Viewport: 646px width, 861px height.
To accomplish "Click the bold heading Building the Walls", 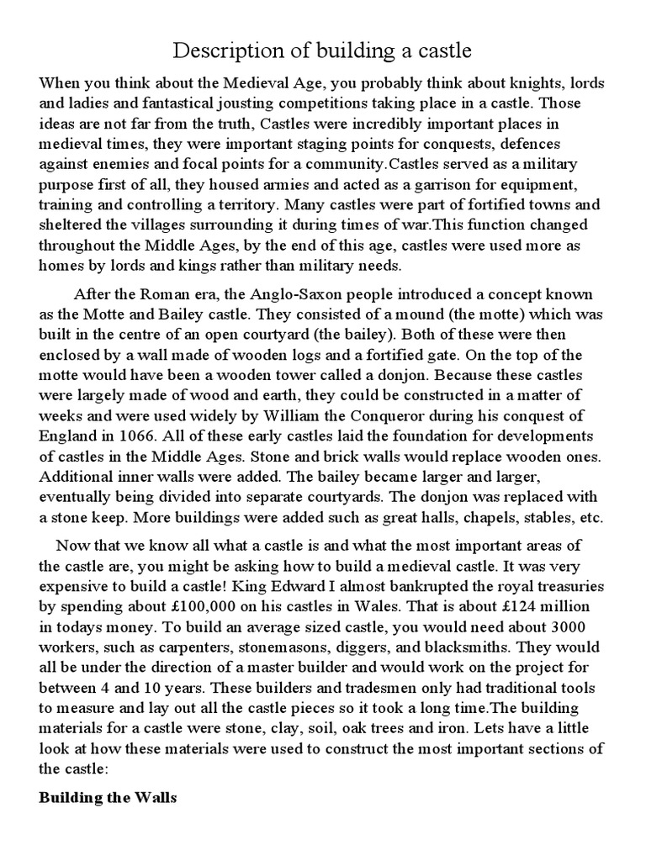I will tap(108, 799).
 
